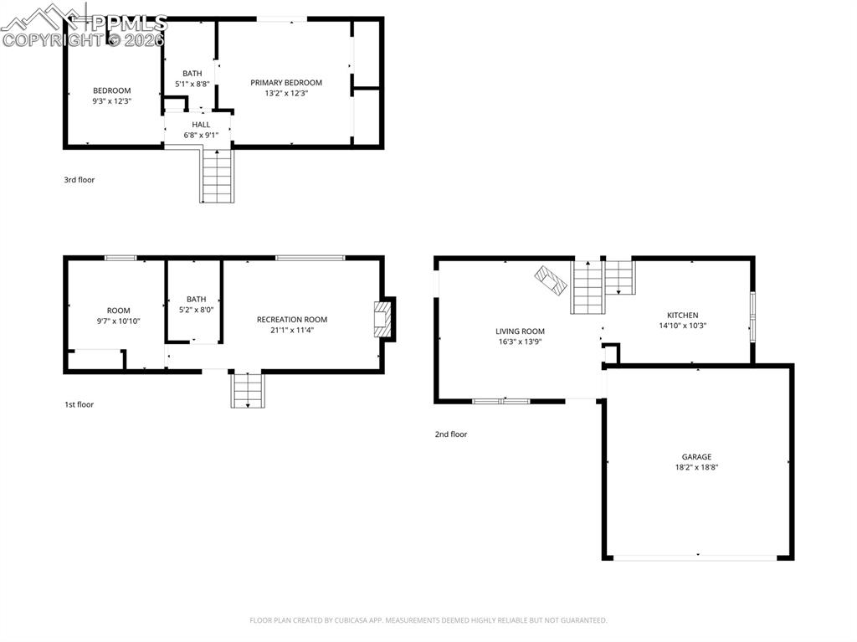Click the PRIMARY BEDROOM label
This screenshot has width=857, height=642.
[286, 83]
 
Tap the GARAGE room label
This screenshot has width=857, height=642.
[696, 457]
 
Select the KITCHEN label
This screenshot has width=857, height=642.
[682, 316]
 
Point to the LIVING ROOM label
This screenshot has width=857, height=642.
[520, 331]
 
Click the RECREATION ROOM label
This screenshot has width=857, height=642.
[291, 320]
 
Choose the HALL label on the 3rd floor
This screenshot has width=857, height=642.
[201, 125]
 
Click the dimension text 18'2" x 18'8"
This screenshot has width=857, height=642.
[696, 468]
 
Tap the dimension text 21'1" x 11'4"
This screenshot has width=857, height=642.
[291, 330]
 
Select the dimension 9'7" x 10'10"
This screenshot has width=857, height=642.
[118, 321]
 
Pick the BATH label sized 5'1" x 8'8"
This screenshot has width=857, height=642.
[192, 74]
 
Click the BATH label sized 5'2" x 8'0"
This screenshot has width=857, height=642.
[196, 299]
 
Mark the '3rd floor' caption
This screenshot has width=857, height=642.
[80, 179]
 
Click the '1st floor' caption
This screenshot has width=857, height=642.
[80, 404]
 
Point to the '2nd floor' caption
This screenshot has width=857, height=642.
[451, 434]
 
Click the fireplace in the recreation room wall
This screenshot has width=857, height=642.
[383, 319]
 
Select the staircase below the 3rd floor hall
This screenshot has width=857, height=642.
[217, 176]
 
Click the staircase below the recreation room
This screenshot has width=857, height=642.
[248, 391]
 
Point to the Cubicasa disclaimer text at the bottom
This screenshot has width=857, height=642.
[428, 620]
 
